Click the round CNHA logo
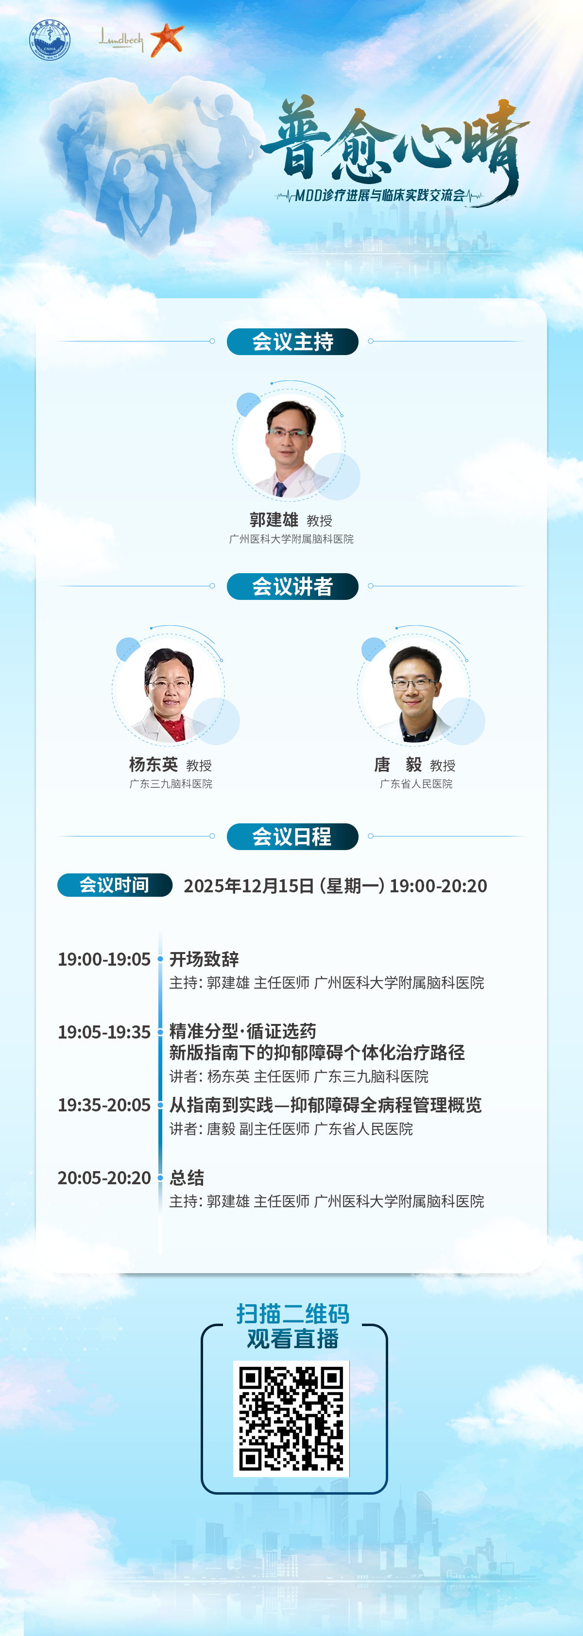50,40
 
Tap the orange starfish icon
167,39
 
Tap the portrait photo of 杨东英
168,694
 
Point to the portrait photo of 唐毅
414,694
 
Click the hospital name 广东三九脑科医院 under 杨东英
171,784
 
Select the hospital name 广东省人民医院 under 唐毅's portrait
416,784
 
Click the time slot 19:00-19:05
104,959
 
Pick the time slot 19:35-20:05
104,1105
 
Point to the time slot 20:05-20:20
104,1178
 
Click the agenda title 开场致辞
204,959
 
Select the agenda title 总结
187,1178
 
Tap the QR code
291,1419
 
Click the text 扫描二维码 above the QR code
293,1313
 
